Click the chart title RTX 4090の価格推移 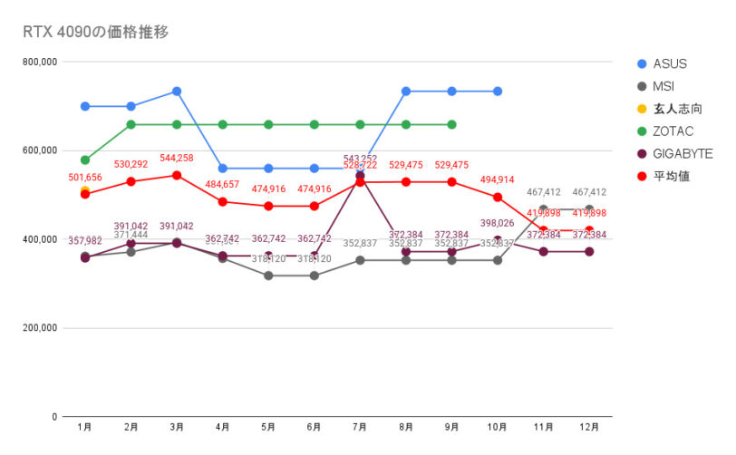[96, 33]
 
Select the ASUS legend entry [669, 63]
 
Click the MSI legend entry [663, 86]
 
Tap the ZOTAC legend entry [672, 131]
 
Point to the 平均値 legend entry [672, 176]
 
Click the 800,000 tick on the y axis [39, 62]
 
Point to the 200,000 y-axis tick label [39, 328]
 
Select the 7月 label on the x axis [360, 426]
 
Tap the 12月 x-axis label [589, 426]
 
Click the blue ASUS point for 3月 [177, 92]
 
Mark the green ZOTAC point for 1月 [85, 160]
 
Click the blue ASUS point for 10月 [498, 92]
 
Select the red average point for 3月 [177, 175]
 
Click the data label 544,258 [177, 158]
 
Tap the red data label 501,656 [85, 177]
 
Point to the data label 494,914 [498, 180]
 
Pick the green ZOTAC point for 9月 [451, 124]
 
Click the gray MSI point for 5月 [268, 276]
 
